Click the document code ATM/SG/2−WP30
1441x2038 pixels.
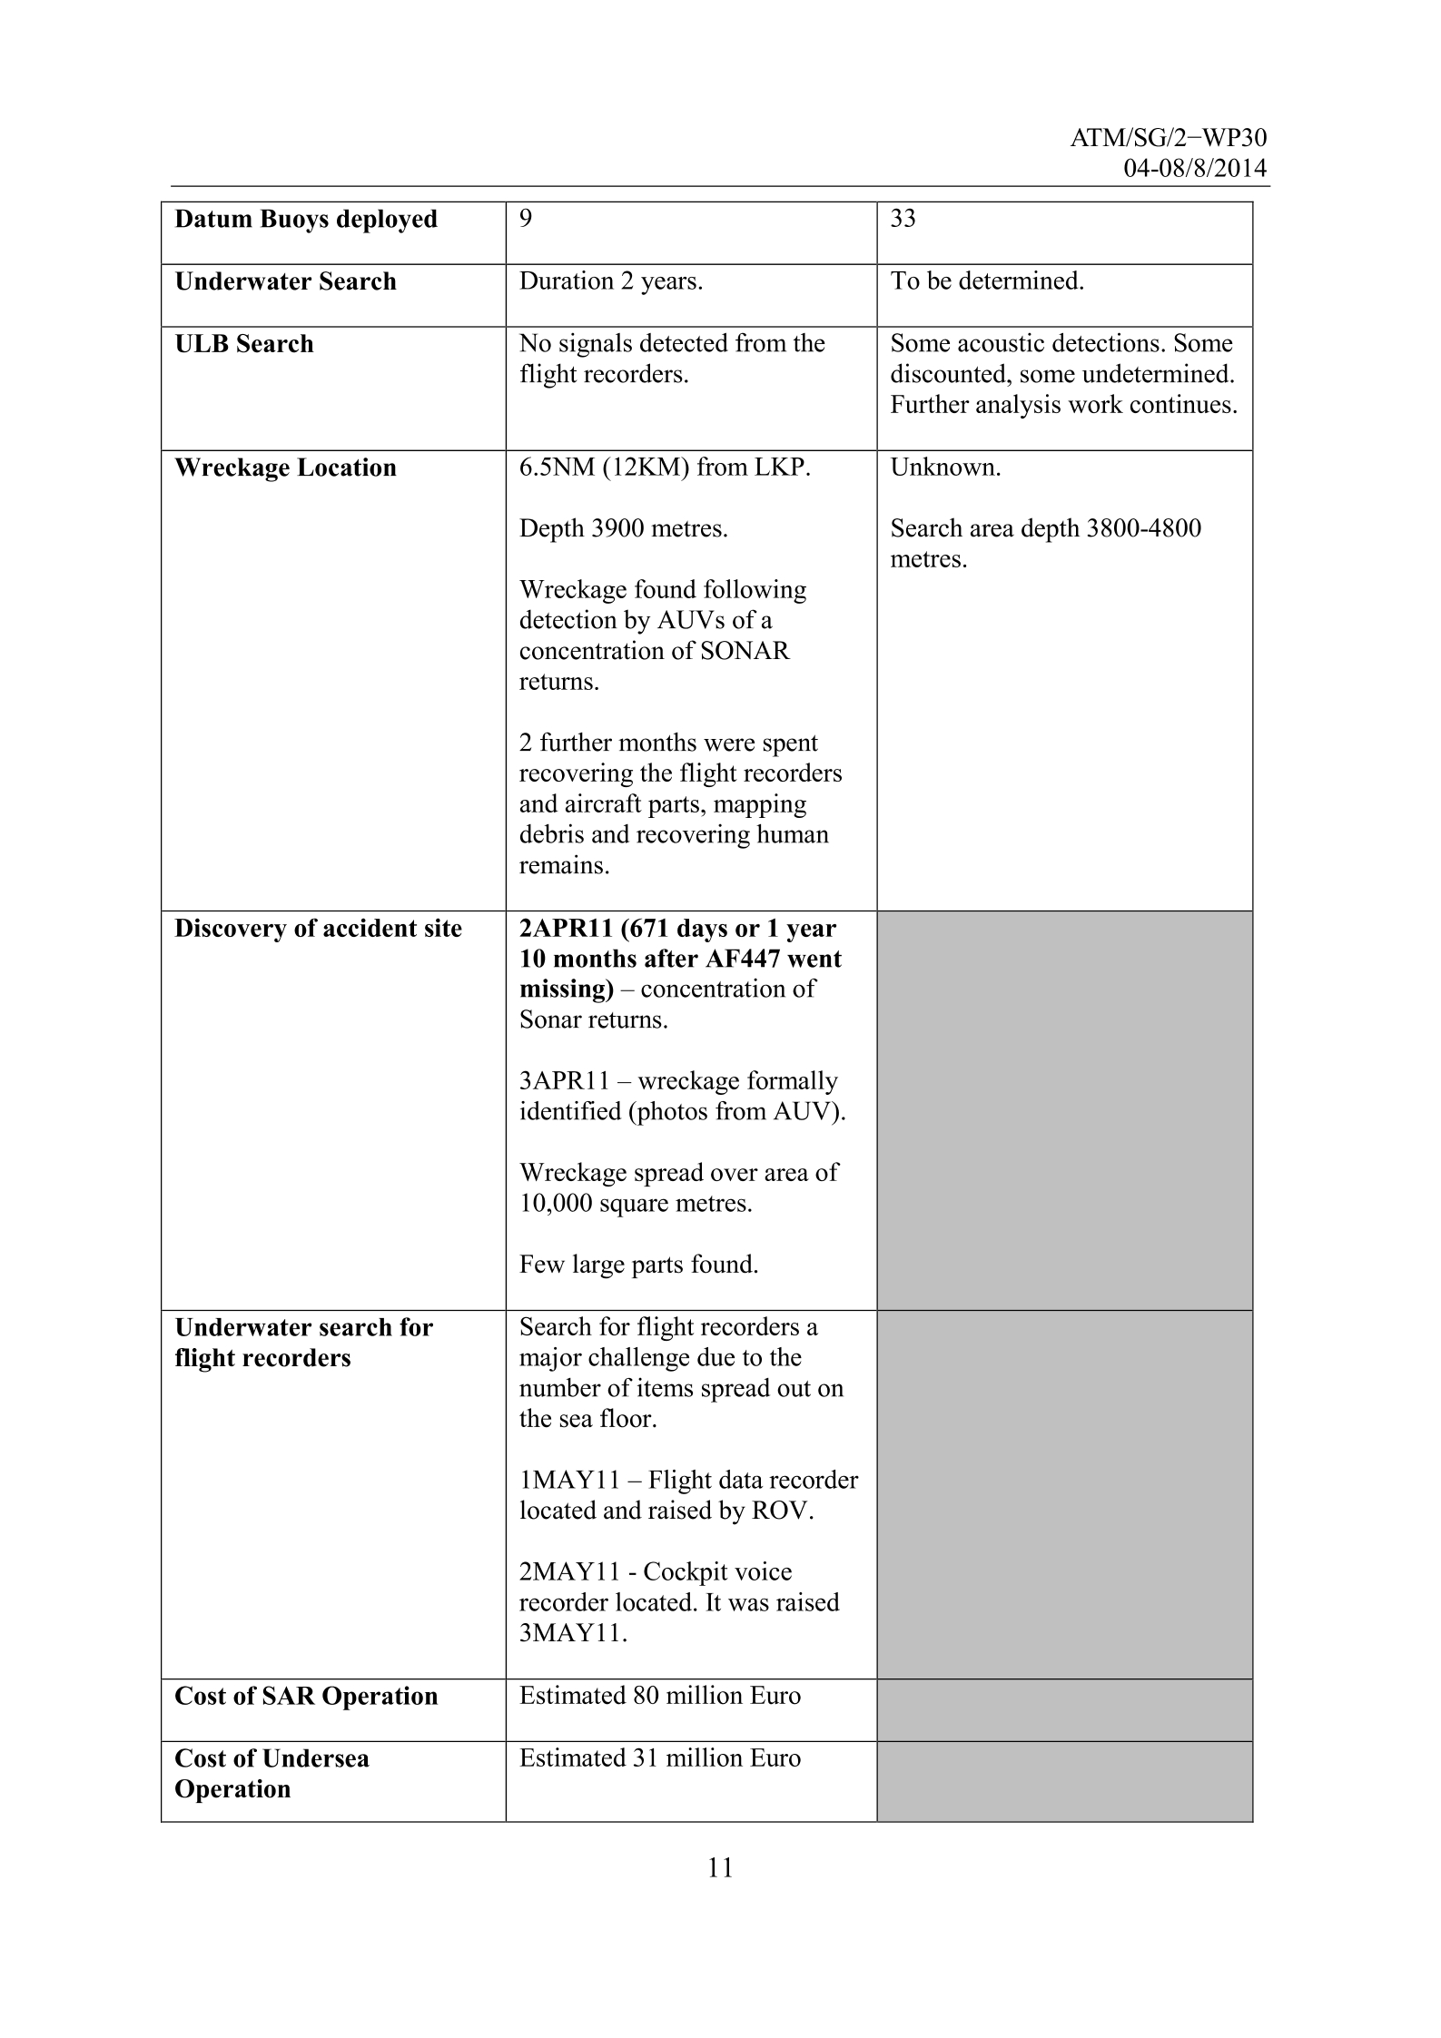(1169, 138)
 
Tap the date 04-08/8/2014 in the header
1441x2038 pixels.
(1195, 169)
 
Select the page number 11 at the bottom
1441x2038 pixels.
(720, 1867)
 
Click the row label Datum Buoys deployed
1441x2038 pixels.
(306, 220)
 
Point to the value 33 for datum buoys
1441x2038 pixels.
(903, 219)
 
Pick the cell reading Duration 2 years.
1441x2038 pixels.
(611, 281)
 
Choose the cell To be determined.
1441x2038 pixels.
(987, 281)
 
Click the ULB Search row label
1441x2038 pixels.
(244, 344)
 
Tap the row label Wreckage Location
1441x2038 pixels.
(285, 468)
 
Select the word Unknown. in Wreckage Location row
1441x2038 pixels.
(945, 468)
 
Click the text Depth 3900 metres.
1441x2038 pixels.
(623, 529)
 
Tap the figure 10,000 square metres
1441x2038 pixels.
(636, 1205)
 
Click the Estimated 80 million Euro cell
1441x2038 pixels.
(660, 1697)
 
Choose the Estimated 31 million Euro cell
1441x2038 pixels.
(660, 1758)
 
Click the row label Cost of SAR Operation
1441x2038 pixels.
(306, 1697)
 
